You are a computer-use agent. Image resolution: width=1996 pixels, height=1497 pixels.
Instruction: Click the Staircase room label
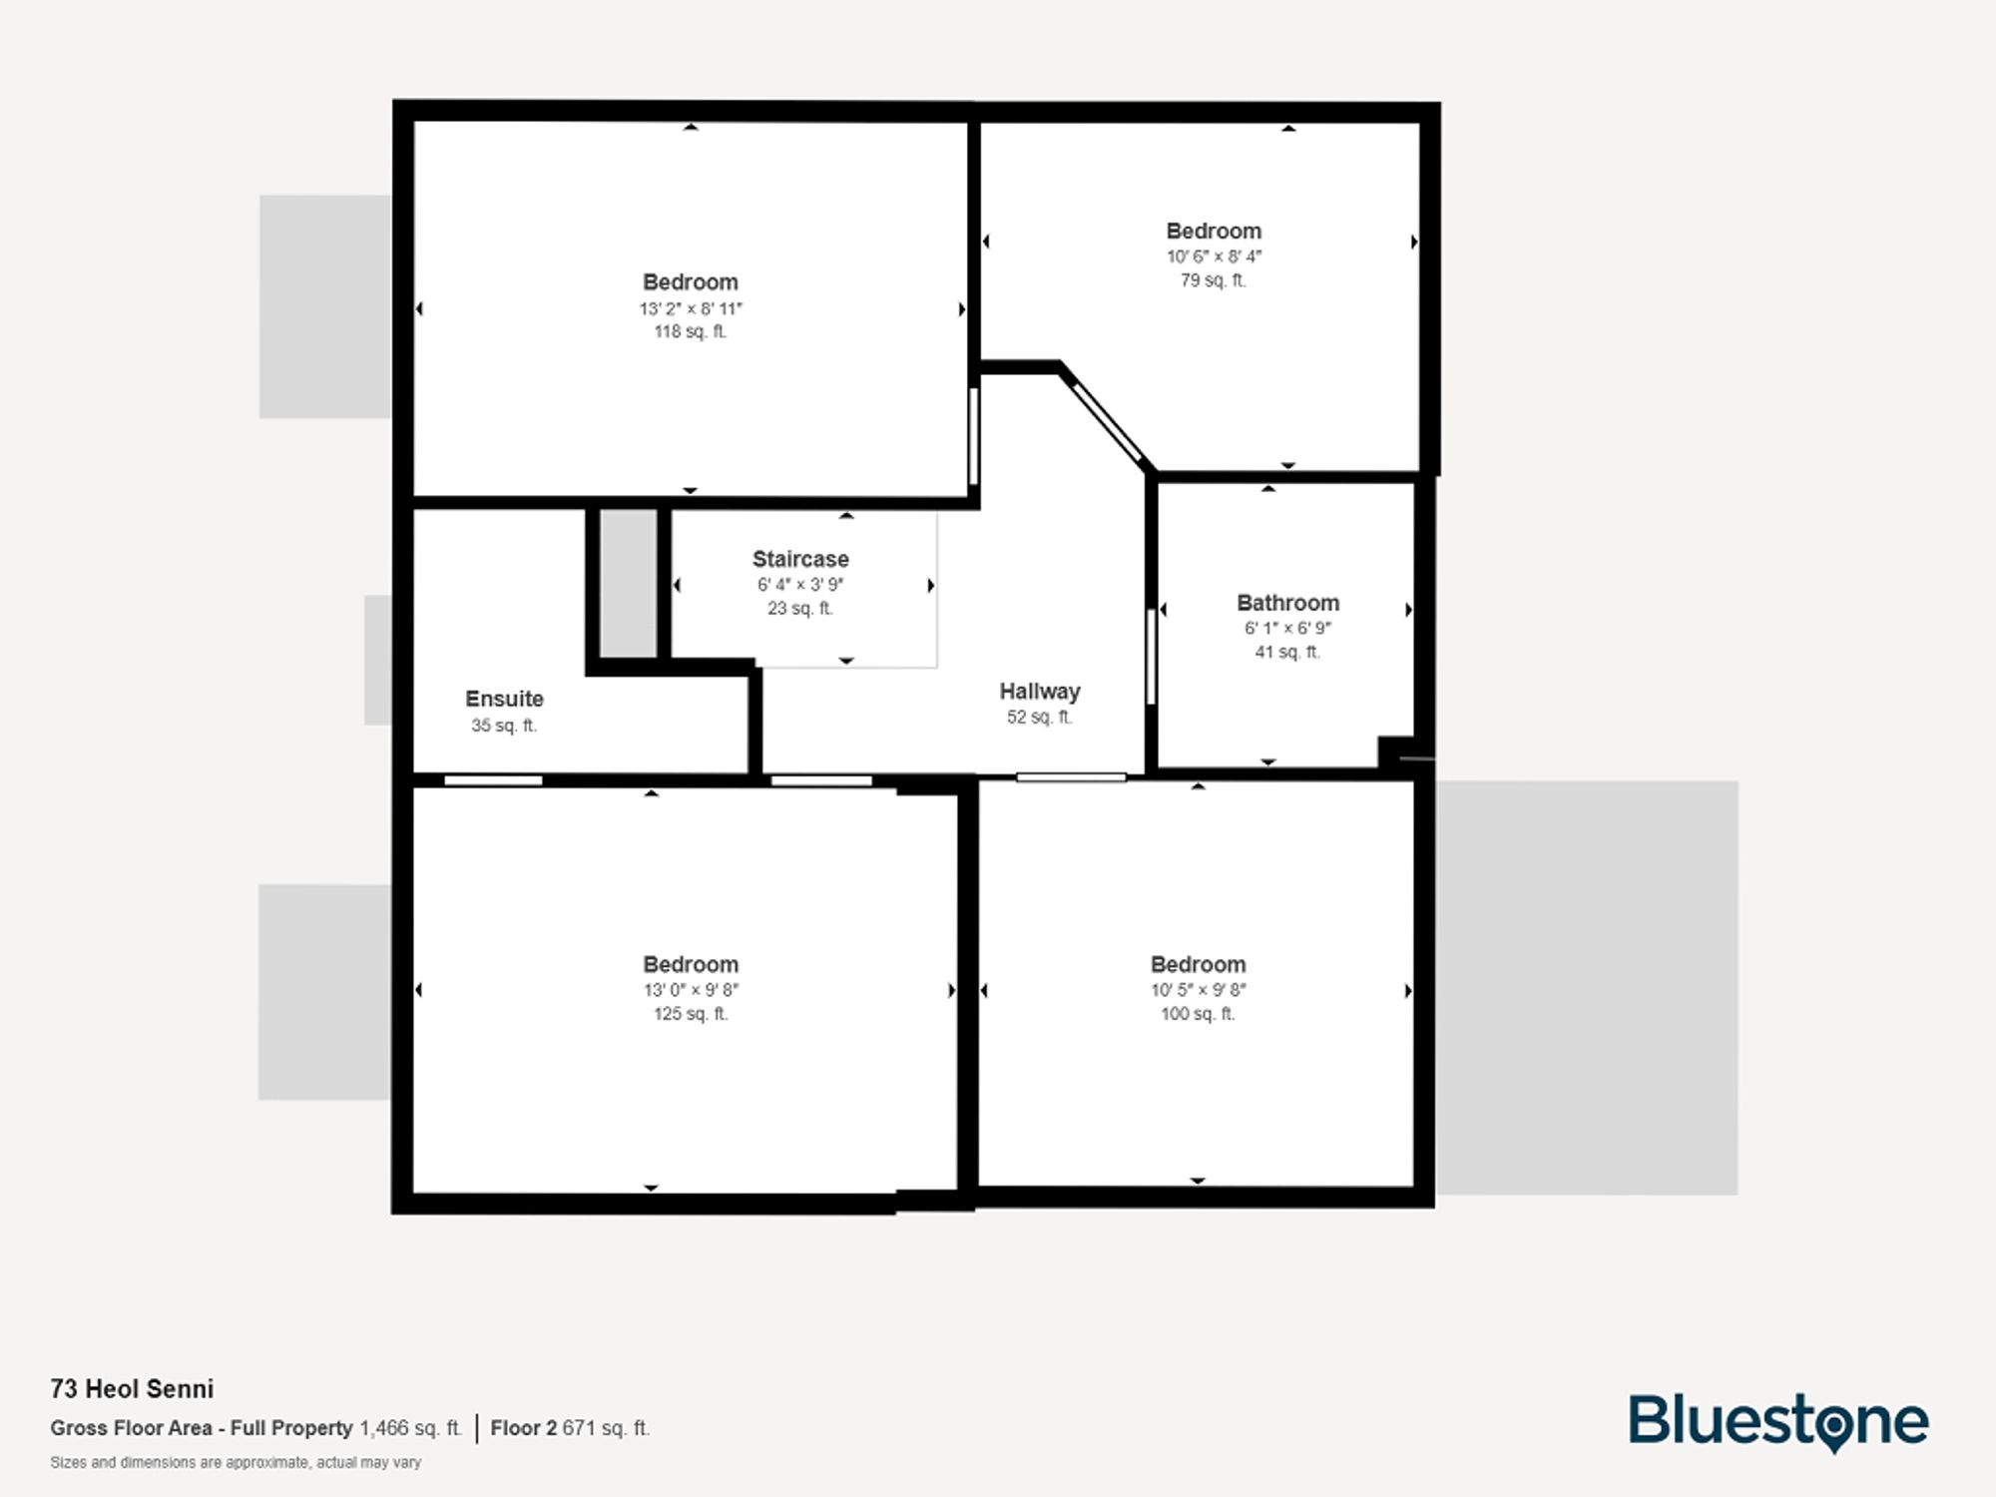tap(800, 559)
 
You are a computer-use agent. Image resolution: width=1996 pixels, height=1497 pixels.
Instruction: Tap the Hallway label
tap(1040, 691)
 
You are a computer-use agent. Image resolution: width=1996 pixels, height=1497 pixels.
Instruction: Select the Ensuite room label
tap(504, 699)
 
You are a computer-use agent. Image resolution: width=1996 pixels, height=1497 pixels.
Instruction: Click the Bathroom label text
tap(1287, 603)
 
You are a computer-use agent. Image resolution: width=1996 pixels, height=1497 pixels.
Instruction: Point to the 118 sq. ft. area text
tap(691, 331)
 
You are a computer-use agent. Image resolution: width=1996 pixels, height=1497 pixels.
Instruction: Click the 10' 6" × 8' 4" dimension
tap(1214, 256)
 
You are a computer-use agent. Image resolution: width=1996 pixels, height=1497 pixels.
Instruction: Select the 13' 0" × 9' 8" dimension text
tap(691, 990)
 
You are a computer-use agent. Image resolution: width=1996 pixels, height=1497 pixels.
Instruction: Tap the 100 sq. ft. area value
tap(1198, 1014)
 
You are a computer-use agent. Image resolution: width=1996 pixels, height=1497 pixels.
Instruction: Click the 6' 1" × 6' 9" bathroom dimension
tap(1287, 628)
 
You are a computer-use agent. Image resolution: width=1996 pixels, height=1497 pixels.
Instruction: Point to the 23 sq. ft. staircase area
tap(799, 608)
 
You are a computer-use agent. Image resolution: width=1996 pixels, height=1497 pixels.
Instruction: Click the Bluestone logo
tap(1778, 1421)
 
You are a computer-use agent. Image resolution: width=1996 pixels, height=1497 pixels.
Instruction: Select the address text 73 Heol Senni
tap(132, 1388)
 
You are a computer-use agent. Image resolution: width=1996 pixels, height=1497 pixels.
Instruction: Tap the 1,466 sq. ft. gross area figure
tap(410, 1428)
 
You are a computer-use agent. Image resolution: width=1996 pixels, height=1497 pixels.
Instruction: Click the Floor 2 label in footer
tap(523, 1428)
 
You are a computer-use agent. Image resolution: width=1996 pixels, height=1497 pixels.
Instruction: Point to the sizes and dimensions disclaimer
tap(236, 1462)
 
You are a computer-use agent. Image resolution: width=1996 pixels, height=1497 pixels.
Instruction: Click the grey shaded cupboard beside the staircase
tap(628, 584)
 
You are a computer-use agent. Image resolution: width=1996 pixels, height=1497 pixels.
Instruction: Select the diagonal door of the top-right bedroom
tap(1107, 422)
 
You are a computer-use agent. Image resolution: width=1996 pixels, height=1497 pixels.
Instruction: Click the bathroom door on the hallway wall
tap(1151, 656)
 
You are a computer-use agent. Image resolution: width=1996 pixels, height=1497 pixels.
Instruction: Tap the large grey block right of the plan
tap(1587, 987)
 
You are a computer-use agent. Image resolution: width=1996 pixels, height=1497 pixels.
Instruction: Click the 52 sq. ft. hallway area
tap(1039, 717)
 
